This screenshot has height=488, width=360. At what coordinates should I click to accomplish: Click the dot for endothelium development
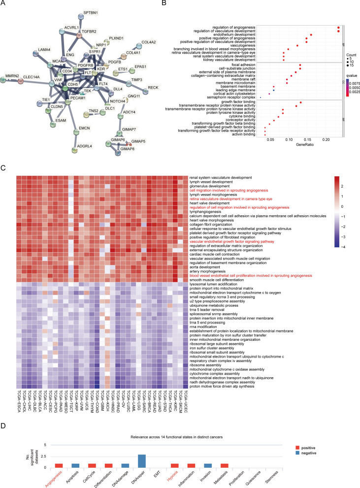click(311, 35)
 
